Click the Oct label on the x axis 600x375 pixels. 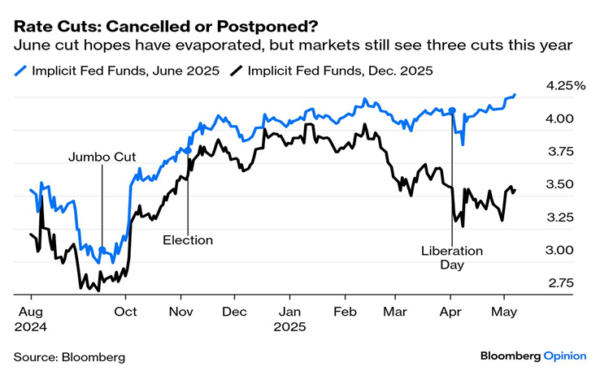click(126, 311)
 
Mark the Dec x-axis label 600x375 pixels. click(234, 311)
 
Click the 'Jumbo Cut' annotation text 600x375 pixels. click(102, 157)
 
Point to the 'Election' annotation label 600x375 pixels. click(188, 240)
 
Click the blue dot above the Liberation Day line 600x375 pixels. click(452, 110)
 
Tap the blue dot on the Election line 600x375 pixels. click(188, 151)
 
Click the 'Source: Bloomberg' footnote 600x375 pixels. click(69, 356)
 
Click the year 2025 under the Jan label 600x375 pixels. click(290, 327)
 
